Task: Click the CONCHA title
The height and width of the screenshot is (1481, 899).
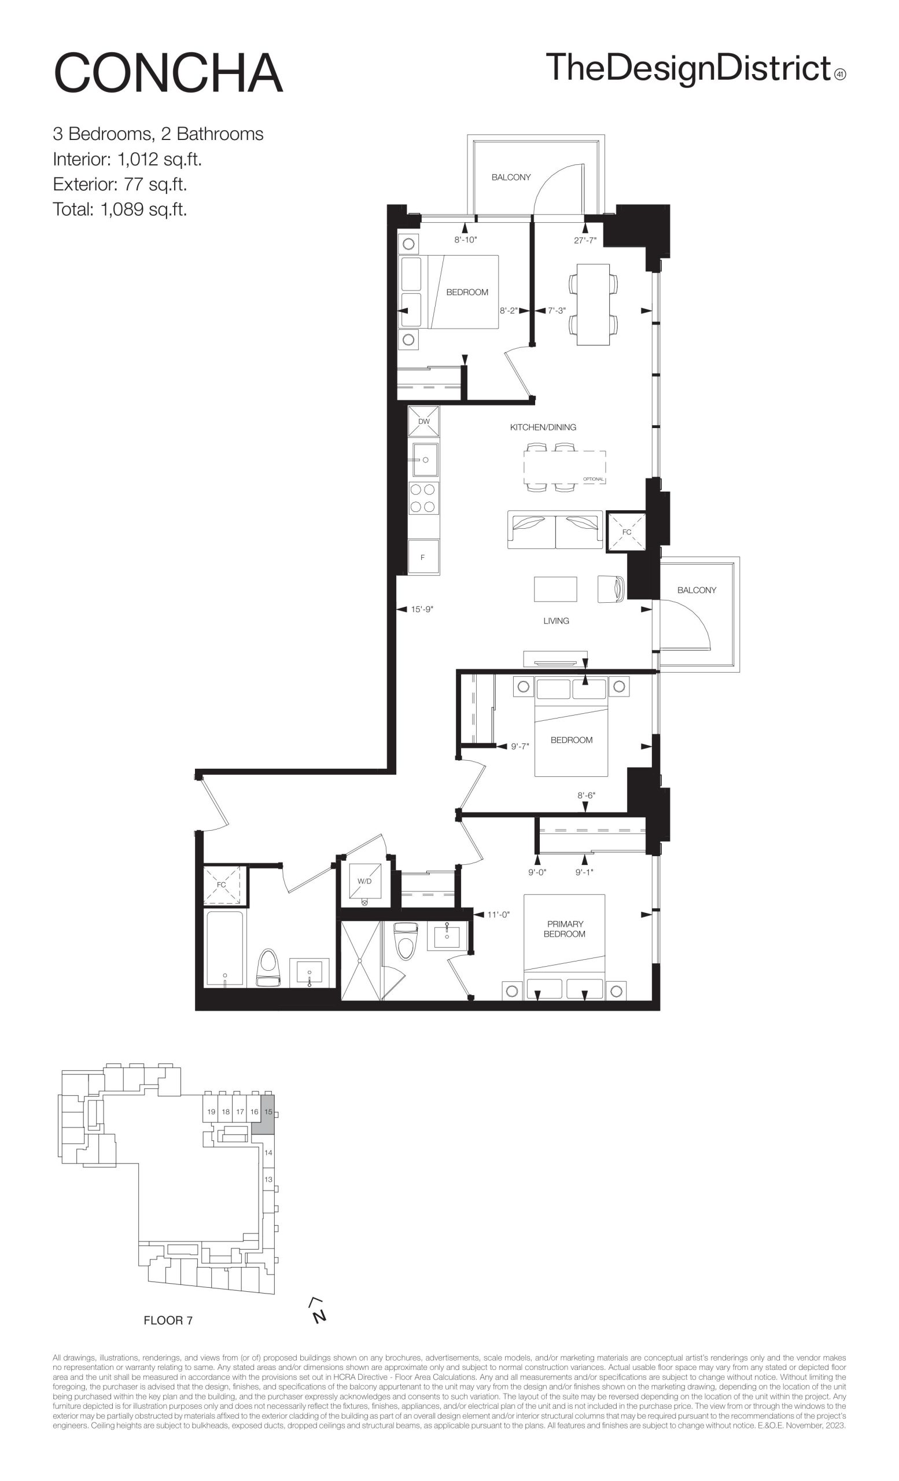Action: (x=168, y=73)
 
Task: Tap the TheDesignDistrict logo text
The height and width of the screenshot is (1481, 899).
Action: (x=688, y=68)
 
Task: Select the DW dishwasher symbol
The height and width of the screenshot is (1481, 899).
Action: (x=423, y=421)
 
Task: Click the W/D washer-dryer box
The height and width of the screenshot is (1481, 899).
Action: (x=364, y=881)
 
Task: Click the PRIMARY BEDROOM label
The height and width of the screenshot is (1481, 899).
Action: (x=565, y=929)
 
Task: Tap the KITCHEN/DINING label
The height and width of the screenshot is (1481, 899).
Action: (x=543, y=428)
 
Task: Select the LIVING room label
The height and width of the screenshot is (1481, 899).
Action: (x=556, y=621)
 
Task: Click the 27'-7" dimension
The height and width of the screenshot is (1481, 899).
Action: (x=585, y=241)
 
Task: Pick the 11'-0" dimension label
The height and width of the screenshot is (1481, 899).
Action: (x=498, y=915)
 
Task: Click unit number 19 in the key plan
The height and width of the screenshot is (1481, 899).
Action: (x=211, y=1112)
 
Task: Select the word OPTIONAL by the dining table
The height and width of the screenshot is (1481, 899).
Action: (x=593, y=479)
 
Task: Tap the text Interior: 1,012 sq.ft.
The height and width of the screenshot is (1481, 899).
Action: (x=127, y=159)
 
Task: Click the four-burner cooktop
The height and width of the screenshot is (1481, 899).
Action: (x=423, y=498)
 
